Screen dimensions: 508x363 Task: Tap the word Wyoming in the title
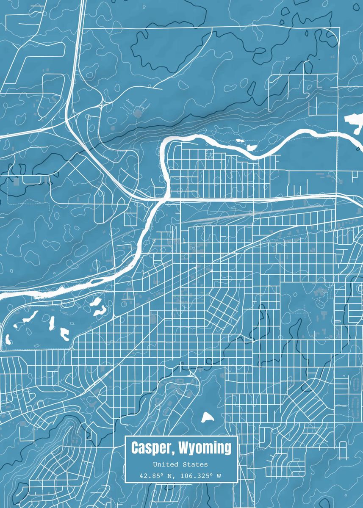coord(205,447)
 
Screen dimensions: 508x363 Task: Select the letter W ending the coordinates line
coord(219,476)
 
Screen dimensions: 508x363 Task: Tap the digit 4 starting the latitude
coord(141,476)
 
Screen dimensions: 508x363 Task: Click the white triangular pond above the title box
coord(207,418)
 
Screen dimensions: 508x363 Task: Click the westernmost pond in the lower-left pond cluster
coord(8,339)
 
